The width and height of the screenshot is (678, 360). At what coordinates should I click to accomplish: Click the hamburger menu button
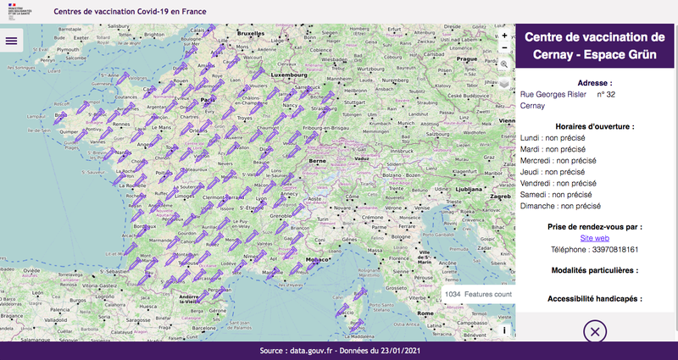point(12,40)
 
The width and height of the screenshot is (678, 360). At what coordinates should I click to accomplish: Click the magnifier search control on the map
point(504,64)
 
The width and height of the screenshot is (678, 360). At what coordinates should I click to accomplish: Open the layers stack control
point(504,84)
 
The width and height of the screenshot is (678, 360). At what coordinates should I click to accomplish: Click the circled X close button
point(596,332)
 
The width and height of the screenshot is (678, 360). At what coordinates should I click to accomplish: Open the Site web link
point(596,238)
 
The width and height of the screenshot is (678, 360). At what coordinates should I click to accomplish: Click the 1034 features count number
point(452,294)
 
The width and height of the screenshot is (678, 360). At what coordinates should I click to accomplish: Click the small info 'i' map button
point(504,330)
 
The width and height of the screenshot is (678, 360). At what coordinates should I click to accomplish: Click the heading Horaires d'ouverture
point(596,126)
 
